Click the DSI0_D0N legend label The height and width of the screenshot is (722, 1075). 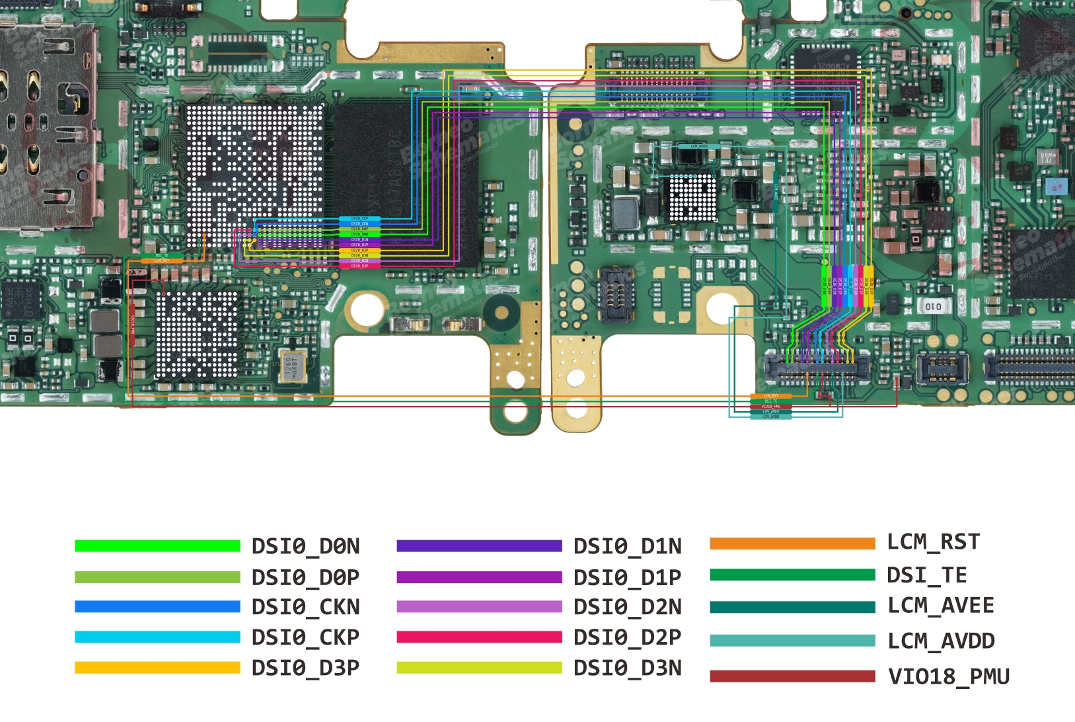tap(305, 547)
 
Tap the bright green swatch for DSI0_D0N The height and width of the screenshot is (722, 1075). tap(157, 546)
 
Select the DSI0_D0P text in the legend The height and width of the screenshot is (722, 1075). tap(305, 578)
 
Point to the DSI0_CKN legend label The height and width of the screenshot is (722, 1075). tap(305, 607)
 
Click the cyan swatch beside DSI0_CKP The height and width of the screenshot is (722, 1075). tap(157, 637)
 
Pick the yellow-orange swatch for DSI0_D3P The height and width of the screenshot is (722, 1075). tap(157, 668)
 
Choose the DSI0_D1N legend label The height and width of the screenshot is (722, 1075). tap(627, 547)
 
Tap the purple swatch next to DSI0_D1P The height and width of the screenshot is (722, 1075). tap(479, 577)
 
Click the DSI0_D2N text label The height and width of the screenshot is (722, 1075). tap(627, 607)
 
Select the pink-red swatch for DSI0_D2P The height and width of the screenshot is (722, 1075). tap(479, 637)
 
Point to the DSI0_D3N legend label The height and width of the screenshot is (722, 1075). tap(627, 668)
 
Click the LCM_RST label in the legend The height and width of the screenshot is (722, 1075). tap(933, 542)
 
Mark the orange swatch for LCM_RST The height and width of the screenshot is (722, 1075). tap(792, 543)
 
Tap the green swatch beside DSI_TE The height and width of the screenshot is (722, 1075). tap(792, 575)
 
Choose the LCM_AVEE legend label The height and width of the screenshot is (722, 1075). tap(940, 606)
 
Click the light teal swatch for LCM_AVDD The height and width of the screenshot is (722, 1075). tap(792, 641)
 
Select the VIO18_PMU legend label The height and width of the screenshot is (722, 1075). tap(948, 676)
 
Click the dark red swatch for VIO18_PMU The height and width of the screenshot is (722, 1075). tap(792, 676)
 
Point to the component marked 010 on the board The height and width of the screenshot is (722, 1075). tap(933, 306)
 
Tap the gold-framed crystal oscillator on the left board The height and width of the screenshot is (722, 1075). tap(291, 366)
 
